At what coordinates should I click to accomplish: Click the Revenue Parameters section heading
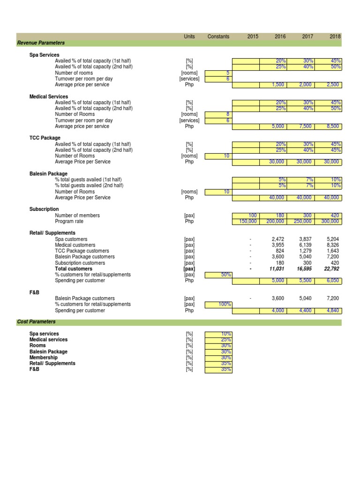coord(41,43)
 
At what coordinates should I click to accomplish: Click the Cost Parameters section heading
coord(36,322)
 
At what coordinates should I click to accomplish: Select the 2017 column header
coord(308,37)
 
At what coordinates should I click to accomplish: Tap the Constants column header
coord(218,37)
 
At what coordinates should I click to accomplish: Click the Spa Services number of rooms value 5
coord(218,73)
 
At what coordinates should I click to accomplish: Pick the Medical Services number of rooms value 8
coord(218,114)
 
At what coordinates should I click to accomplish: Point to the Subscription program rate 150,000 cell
coord(246,221)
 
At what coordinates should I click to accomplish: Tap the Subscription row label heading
coord(44,209)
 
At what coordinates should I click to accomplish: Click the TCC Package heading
coord(45,138)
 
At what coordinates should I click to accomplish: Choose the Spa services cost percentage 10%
coord(218,334)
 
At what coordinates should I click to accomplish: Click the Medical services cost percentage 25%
coord(218,340)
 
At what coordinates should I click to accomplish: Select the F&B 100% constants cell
coord(218,305)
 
